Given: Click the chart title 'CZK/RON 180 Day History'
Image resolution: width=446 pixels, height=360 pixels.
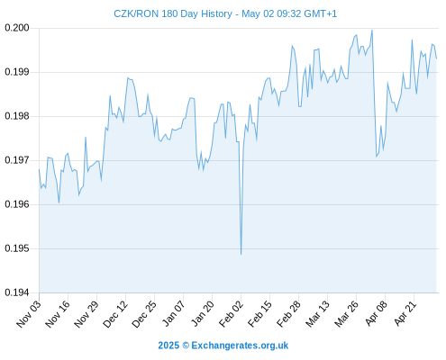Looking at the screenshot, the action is pyautogui.click(x=173, y=13).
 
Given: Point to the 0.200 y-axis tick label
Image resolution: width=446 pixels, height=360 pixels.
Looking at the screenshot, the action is pyautogui.click(x=17, y=28).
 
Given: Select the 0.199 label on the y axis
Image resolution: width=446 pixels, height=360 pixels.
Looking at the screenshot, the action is pyautogui.click(x=17, y=72).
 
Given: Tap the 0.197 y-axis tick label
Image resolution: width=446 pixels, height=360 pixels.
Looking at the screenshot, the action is pyautogui.click(x=17, y=160).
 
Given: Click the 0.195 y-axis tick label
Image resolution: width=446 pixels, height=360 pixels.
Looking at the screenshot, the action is pyautogui.click(x=17, y=248).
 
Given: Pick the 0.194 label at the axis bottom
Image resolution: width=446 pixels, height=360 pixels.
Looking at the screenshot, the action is pyautogui.click(x=17, y=292).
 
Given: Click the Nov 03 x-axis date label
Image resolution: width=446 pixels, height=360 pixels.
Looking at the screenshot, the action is pyautogui.click(x=29, y=314).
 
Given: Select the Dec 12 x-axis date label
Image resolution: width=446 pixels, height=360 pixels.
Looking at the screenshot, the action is pyautogui.click(x=115, y=314).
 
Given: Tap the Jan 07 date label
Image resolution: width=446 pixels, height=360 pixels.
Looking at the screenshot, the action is pyautogui.click(x=173, y=314).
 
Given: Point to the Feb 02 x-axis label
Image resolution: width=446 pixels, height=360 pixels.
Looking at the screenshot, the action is pyautogui.click(x=231, y=314).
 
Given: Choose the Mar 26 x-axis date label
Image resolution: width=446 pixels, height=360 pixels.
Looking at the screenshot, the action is pyautogui.click(x=346, y=314).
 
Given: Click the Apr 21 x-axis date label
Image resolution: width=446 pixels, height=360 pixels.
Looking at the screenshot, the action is pyautogui.click(x=405, y=314).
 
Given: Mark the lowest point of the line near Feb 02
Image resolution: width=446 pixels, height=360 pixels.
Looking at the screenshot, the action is pyautogui.click(x=241, y=255).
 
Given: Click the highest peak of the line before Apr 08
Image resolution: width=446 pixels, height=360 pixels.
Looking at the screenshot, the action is pyautogui.click(x=372, y=30).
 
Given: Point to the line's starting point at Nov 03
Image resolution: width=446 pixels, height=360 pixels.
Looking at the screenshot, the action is pyautogui.click(x=39, y=169).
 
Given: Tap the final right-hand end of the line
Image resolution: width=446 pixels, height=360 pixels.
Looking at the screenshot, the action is pyautogui.click(x=436, y=58).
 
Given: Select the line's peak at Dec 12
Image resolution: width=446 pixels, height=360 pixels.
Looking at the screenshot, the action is pyautogui.click(x=128, y=77).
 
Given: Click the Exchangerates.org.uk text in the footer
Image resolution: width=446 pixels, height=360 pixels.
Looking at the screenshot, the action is pyautogui.click(x=240, y=346).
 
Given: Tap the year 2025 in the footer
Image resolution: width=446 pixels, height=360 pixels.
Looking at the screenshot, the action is pyautogui.click(x=168, y=346).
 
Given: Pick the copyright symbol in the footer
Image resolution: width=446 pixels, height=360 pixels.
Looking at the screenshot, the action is pyautogui.click(x=186, y=346).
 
